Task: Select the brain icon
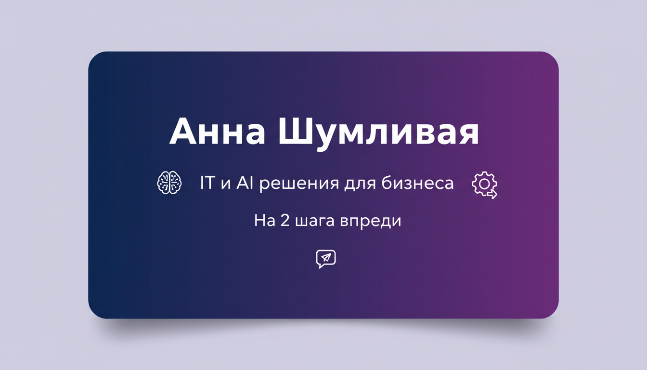169,184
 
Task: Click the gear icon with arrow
484,185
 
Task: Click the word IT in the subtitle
208,184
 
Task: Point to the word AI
246,184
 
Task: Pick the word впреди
371,222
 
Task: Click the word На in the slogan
263,221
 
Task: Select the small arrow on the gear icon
492,194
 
